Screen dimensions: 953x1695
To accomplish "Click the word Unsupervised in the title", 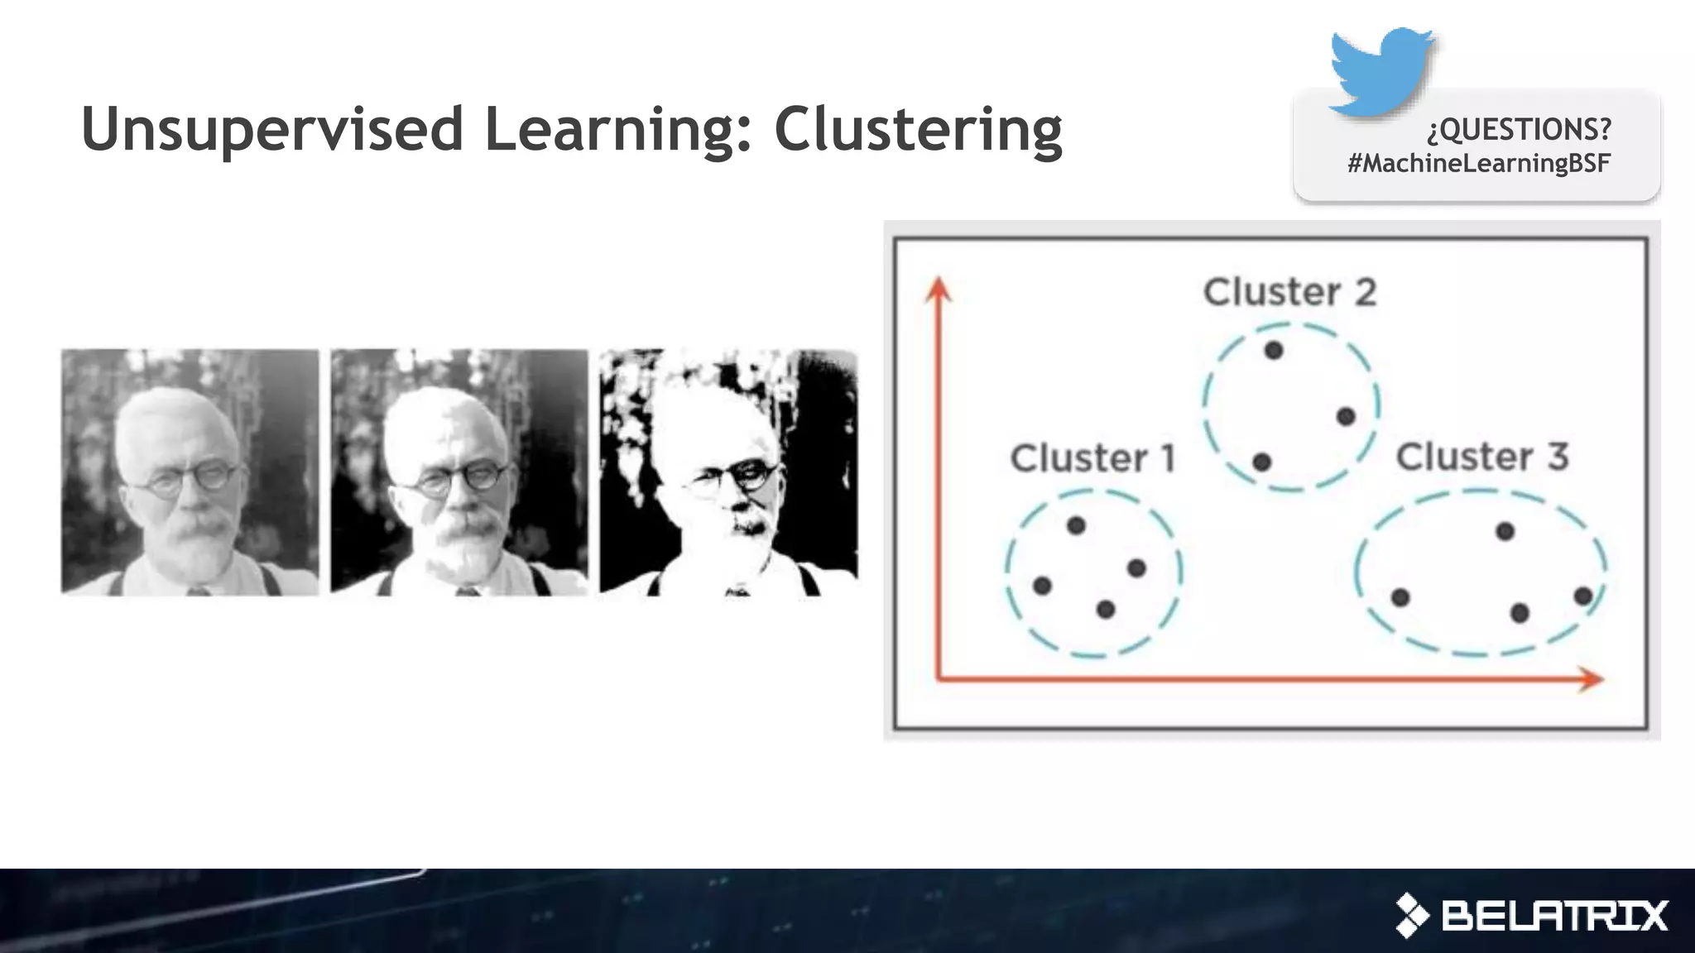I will (x=272, y=130).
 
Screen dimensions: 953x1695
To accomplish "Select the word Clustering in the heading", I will (x=918, y=130).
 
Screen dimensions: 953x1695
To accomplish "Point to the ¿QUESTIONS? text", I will (x=1520, y=129).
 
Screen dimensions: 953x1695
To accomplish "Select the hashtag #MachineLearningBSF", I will (x=1478, y=163).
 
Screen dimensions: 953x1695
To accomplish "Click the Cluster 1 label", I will (x=1092, y=458).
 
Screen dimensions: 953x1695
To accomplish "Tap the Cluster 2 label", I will (x=1289, y=292).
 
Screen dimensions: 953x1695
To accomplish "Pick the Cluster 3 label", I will (x=1481, y=457).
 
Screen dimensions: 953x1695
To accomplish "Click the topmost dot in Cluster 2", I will (x=1274, y=351).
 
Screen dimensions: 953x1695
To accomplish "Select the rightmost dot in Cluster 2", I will (x=1346, y=416).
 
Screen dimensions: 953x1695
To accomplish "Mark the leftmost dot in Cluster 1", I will (x=1042, y=587).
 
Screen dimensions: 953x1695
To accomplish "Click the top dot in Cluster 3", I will (x=1505, y=531).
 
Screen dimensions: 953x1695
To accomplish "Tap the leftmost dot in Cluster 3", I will (x=1400, y=597).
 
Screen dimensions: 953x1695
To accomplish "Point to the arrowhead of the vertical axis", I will (x=938, y=289).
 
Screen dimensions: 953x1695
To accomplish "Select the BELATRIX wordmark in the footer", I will (x=1554, y=916).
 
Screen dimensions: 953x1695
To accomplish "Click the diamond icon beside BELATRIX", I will (x=1412, y=916).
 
